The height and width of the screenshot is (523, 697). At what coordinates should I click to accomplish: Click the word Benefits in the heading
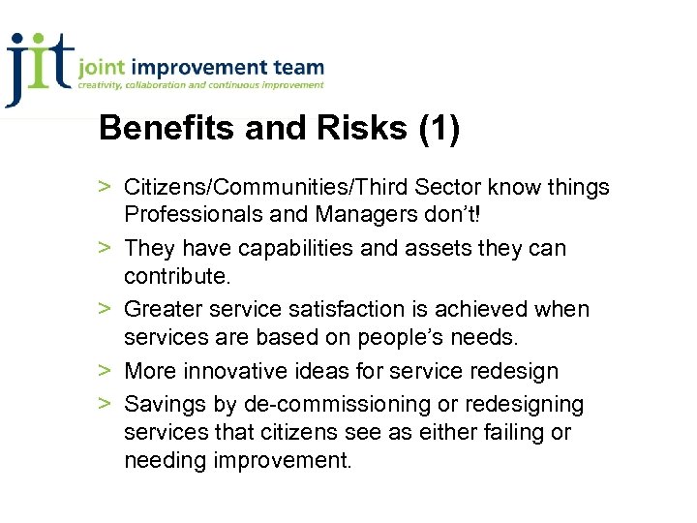click(x=159, y=129)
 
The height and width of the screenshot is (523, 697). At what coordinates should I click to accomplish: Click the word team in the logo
click(x=298, y=69)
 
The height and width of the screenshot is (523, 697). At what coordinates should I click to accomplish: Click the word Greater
click(x=166, y=309)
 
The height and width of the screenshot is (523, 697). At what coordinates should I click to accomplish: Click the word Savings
click(x=166, y=403)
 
